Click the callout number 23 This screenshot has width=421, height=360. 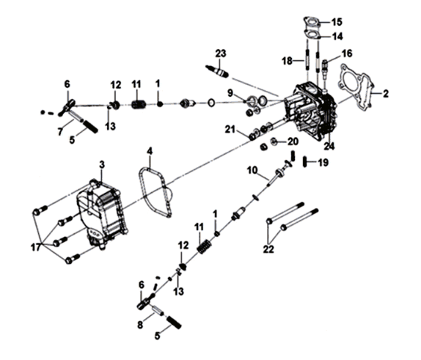coord(221,53)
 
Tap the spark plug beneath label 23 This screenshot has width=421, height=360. coord(219,71)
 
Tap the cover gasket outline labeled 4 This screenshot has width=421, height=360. coord(155,192)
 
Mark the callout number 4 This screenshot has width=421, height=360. coord(150,153)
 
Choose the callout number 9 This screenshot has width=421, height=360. coord(230,93)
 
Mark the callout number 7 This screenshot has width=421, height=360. coord(62,131)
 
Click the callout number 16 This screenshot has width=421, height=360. coord(347,53)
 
